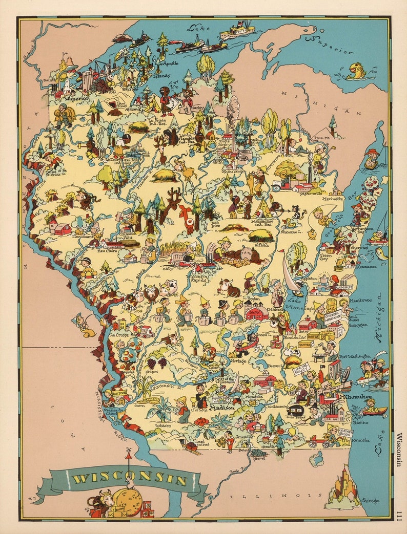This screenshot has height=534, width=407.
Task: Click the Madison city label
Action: tap(221, 409)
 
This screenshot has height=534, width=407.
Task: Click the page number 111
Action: tap(400, 514)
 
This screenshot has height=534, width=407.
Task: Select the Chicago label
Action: tap(370, 500)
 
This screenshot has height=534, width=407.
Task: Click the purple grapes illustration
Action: tap(162, 362)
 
